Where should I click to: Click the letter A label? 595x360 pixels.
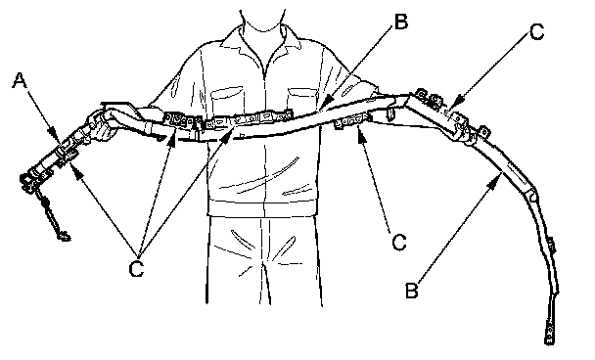pyautogui.click(x=20, y=80)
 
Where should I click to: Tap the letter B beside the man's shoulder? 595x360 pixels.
pyautogui.click(x=400, y=22)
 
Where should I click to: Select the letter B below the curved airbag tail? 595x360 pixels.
pyautogui.click(x=411, y=291)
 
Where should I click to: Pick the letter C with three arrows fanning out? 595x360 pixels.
pyautogui.click(x=136, y=269)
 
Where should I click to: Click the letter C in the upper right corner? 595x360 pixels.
pyautogui.click(x=536, y=32)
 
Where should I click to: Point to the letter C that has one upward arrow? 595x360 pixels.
pyautogui.click(x=399, y=242)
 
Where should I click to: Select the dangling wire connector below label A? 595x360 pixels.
pyautogui.click(x=63, y=236)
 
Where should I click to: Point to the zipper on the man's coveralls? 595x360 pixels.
pyautogui.click(x=264, y=125)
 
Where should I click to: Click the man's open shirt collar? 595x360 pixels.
pyautogui.click(x=262, y=41)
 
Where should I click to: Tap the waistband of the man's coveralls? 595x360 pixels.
pyautogui.click(x=262, y=207)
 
